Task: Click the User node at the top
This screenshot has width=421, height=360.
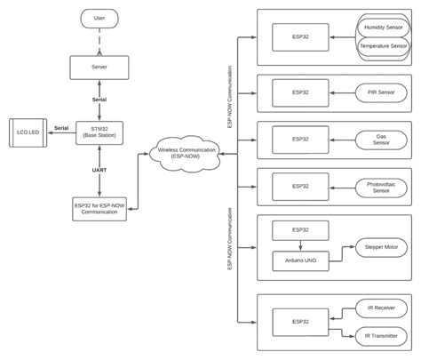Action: [99, 18]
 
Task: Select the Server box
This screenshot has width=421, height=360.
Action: [99, 68]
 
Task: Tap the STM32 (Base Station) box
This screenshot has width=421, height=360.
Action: [99, 132]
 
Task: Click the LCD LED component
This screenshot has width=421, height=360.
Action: [28, 132]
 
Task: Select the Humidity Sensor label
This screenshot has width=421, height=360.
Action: [383, 28]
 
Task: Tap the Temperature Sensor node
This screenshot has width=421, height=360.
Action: [383, 45]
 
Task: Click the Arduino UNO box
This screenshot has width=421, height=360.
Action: [300, 260]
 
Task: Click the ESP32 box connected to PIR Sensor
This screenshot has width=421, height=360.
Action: [300, 92]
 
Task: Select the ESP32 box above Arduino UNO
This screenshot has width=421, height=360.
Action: [300, 229]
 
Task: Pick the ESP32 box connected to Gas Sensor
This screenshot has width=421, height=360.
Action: [300, 140]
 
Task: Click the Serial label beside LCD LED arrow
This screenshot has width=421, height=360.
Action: [61, 128]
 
